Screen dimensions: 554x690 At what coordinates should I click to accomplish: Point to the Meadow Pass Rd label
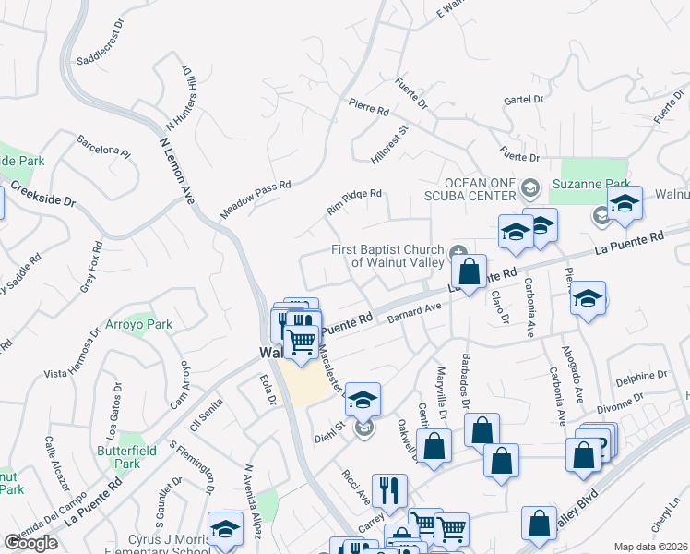(x=256, y=199)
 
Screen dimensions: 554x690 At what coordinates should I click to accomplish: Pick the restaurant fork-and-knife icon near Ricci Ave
(x=389, y=489)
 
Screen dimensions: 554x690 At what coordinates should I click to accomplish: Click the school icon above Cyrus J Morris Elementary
(x=224, y=530)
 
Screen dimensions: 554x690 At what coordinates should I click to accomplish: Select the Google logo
(x=30, y=543)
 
